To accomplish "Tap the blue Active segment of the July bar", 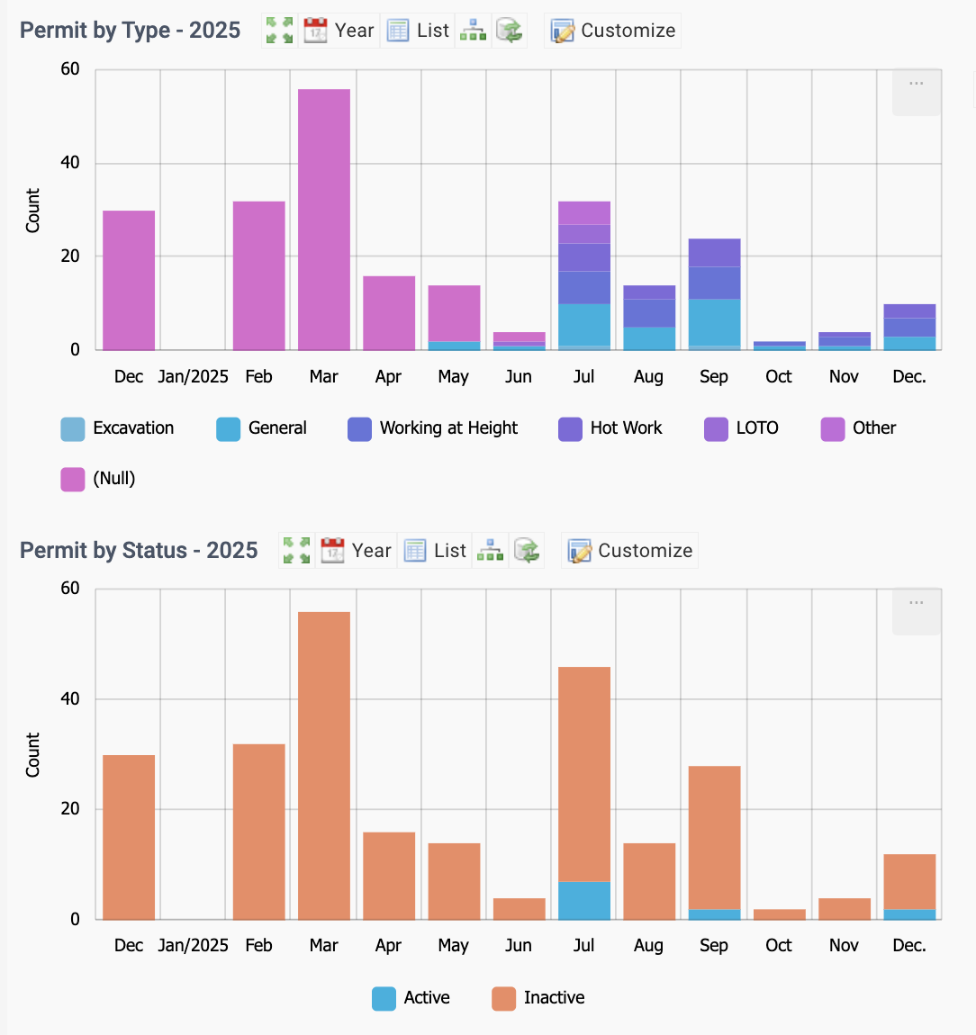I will [x=584, y=900].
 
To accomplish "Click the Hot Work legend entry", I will [x=610, y=428].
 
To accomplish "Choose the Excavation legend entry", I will [x=117, y=428].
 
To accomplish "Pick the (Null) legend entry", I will [x=98, y=479].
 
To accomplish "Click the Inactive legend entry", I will [x=538, y=998].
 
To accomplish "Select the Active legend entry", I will [x=411, y=998].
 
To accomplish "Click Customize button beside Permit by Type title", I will [x=613, y=31].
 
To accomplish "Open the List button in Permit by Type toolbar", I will [x=418, y=31].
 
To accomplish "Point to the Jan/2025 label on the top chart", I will [x=193, y=377].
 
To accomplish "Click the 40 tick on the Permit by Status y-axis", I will [x=69, y=699].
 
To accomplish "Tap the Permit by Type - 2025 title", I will [x=131, y=31].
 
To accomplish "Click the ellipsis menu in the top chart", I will [x=916, y=84].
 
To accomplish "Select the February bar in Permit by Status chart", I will [x=259, y=832].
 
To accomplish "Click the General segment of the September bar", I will [x=714, y=323].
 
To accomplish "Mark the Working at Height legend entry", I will [x=433, y=428].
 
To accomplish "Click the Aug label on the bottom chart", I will [x=648, y=946].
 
